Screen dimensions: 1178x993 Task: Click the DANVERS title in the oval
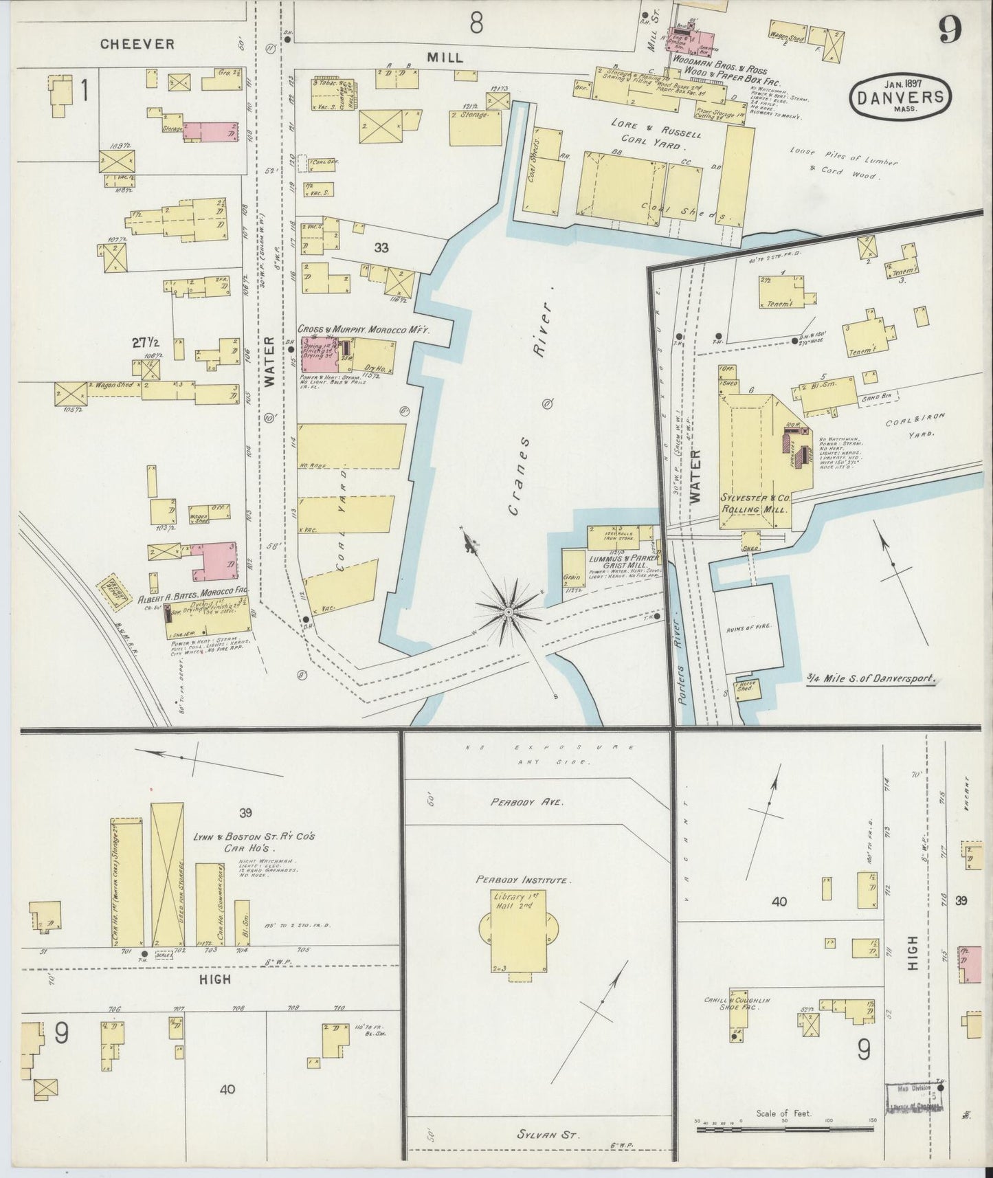(901, 98)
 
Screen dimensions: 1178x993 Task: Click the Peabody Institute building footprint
(515, 931)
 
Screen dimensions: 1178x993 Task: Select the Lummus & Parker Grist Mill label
(618, 564)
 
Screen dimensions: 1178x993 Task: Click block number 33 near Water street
(381, 247)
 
